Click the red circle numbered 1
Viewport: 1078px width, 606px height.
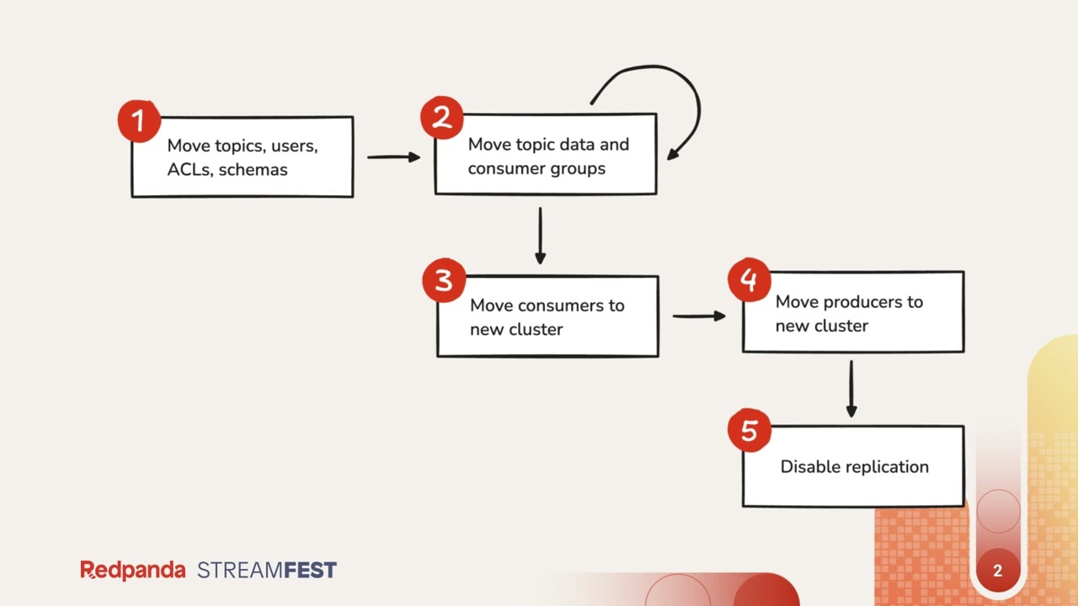[139, 121]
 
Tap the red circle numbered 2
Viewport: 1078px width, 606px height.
[442, 119]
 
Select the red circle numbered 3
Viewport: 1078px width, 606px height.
[444, 280]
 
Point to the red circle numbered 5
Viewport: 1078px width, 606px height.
[749, 431]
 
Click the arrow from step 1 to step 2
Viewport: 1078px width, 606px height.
[393, 157]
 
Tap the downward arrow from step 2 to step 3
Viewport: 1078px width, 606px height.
[540, 237]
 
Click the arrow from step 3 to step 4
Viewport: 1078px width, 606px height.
[699, 316]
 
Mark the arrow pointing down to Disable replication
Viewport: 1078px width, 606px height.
[851, 388]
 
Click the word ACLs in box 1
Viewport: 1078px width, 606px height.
[189, 169]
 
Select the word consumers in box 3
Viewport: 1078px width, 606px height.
[559, 306]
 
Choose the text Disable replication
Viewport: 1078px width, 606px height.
[854, 466]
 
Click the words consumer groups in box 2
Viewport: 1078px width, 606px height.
[536, 168]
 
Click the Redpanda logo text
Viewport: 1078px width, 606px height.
[133, 570]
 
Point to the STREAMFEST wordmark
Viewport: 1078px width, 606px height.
[267, 570]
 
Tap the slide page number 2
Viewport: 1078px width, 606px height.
[997, 571]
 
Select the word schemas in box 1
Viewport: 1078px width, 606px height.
[253, 169]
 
